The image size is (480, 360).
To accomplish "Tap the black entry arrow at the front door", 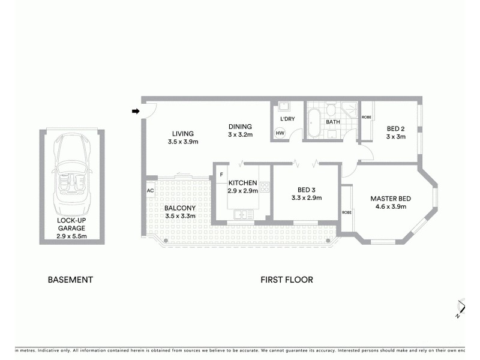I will [136, 111].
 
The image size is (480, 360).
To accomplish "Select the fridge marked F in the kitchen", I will [221, 175].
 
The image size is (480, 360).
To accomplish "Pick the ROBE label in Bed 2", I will [366, 117].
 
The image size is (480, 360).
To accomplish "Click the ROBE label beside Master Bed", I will [346, 212].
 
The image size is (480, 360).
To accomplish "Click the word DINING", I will [240, 127].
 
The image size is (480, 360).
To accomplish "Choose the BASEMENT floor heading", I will [70, 280].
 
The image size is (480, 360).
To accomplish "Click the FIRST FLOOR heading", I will [286, 280].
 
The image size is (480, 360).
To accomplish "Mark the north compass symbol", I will [459, 307].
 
